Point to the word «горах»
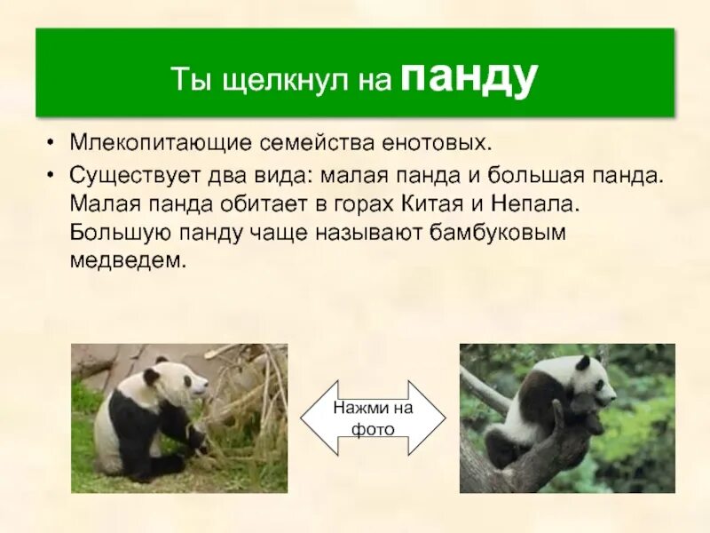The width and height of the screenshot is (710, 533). tap(358, 204)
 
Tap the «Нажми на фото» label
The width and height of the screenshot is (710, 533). tap(373, 418)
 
